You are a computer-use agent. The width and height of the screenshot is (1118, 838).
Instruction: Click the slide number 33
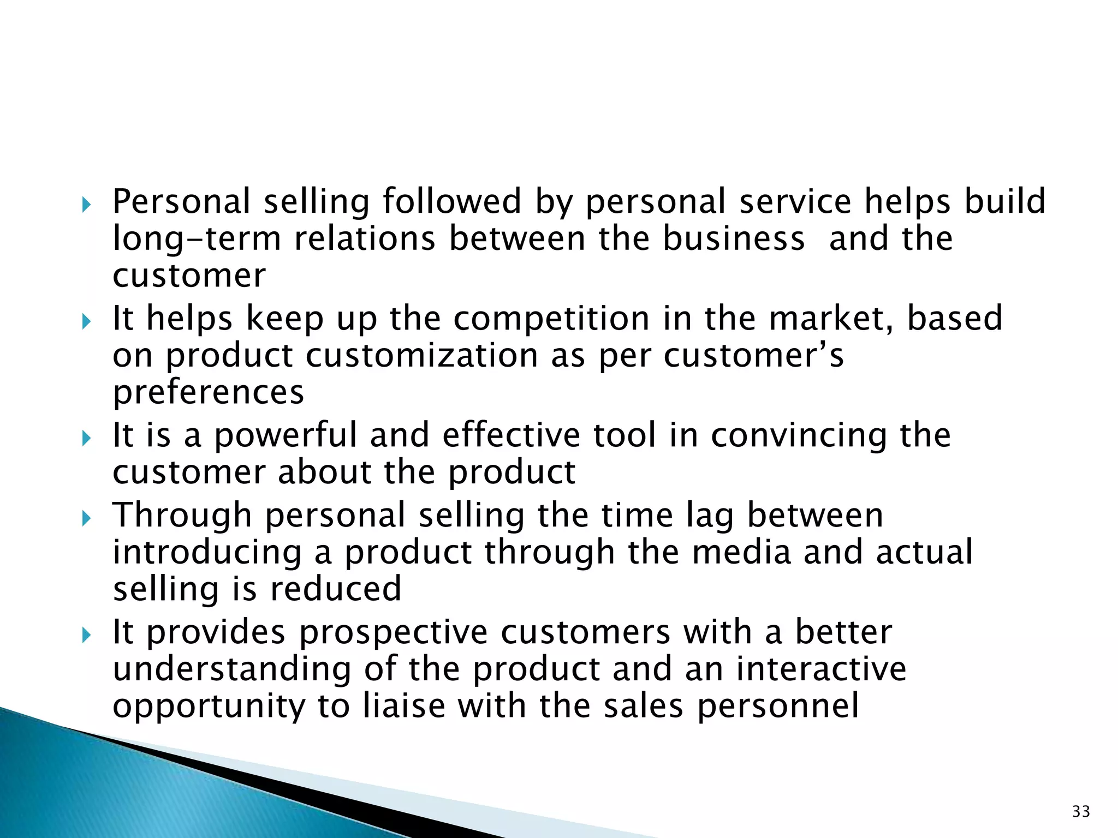coord(1081,811)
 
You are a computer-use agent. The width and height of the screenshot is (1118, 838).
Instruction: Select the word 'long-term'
coord(197,238)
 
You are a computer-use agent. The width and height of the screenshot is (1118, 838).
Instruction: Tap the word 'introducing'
coord(207,552)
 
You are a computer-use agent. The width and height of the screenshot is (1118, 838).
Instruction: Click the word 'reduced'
coord(336,589)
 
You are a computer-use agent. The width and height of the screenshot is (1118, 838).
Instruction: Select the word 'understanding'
coord(232,669)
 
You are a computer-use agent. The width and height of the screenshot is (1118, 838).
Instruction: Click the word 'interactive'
coord(821,669)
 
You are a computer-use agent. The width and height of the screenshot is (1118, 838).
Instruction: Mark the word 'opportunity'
coord(209,707)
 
